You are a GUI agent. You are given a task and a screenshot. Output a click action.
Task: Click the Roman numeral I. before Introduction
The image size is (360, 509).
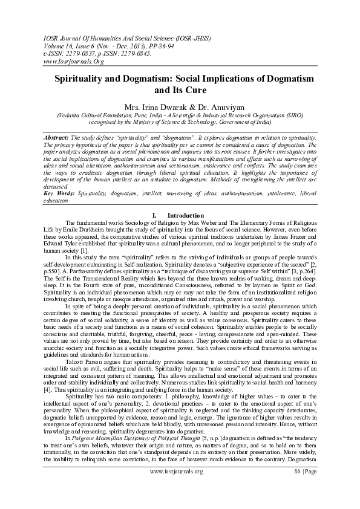click(155, 215)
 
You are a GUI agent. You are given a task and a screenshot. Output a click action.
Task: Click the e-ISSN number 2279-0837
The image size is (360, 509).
click(87, 53)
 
